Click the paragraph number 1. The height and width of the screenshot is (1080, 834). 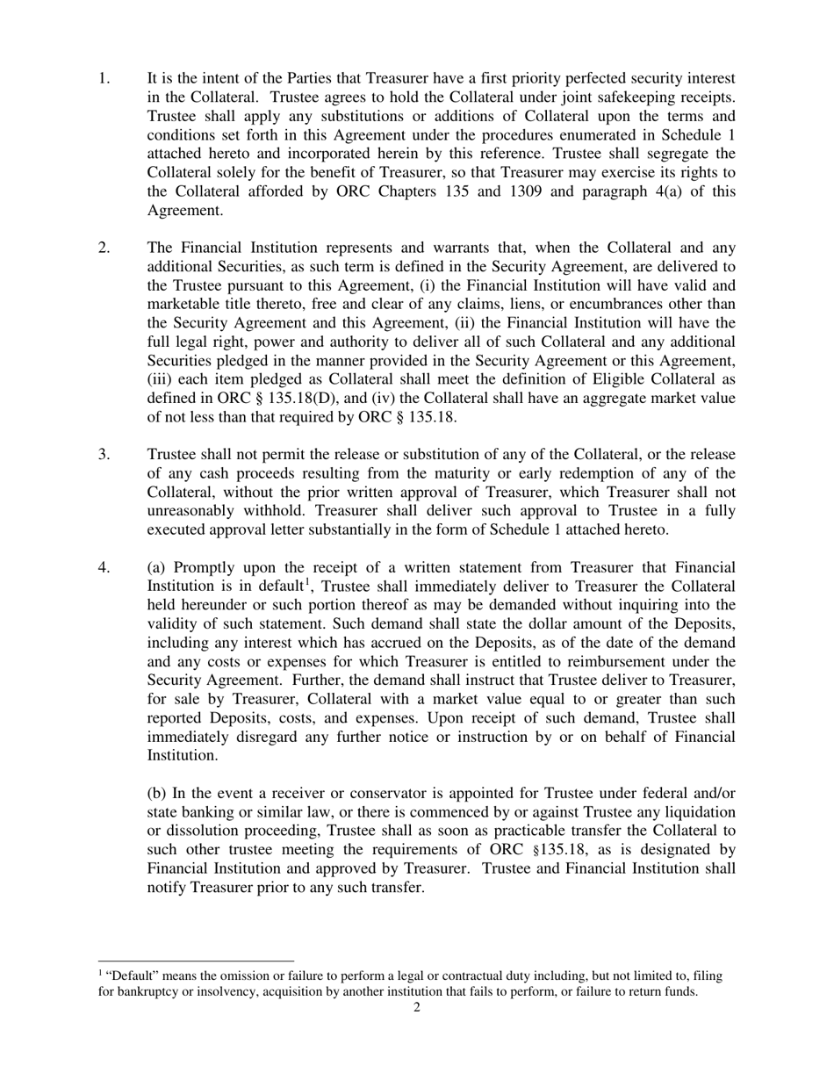tap(104, 79)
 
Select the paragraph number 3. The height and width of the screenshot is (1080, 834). tap(104, 454)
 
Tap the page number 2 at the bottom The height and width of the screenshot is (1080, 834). tap(416, 1007)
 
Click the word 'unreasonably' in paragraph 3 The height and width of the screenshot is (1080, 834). tap(192, 511)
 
